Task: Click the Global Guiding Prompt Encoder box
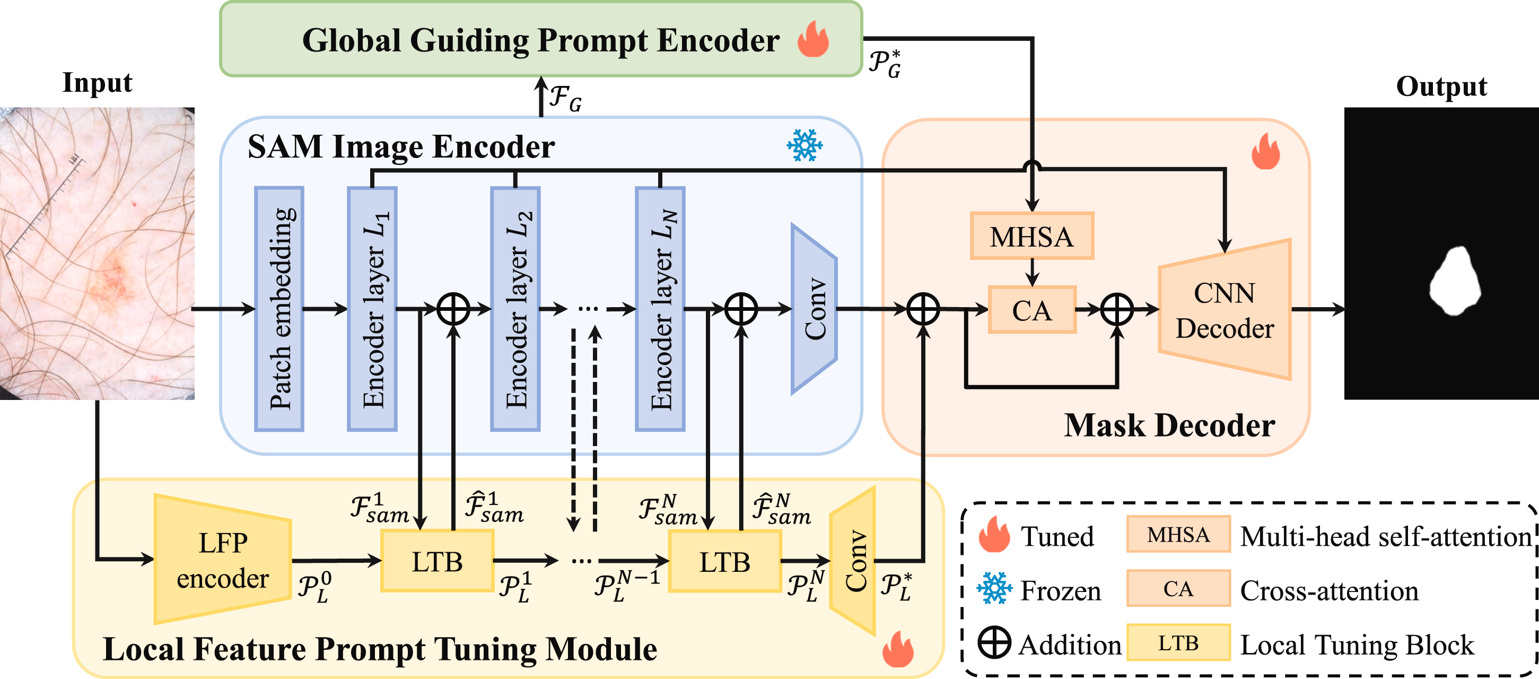tap(541, 39)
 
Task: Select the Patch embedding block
tap(279, 308)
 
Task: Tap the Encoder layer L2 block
tap(515, 308)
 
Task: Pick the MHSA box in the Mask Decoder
tap(1032, 236)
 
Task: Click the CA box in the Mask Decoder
tap(1032, 310)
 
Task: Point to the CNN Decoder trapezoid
tap(1225, 310)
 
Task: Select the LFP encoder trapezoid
tap(222, 560)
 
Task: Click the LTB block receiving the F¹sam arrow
tap(438, 561)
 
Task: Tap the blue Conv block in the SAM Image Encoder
tap(814, 308)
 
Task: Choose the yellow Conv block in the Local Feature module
tap(853, 561)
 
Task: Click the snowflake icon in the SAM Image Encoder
tap(804, 145)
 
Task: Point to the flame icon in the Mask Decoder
tap(1265, 152)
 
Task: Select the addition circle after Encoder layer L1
tap(453, 309)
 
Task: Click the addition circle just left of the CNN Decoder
tap(1117, 309)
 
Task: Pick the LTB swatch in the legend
tap(1178, 642)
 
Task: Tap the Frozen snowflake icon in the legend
tap(994, 588)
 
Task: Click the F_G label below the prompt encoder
tap(565, 98)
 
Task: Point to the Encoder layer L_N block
tap(660, 308)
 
